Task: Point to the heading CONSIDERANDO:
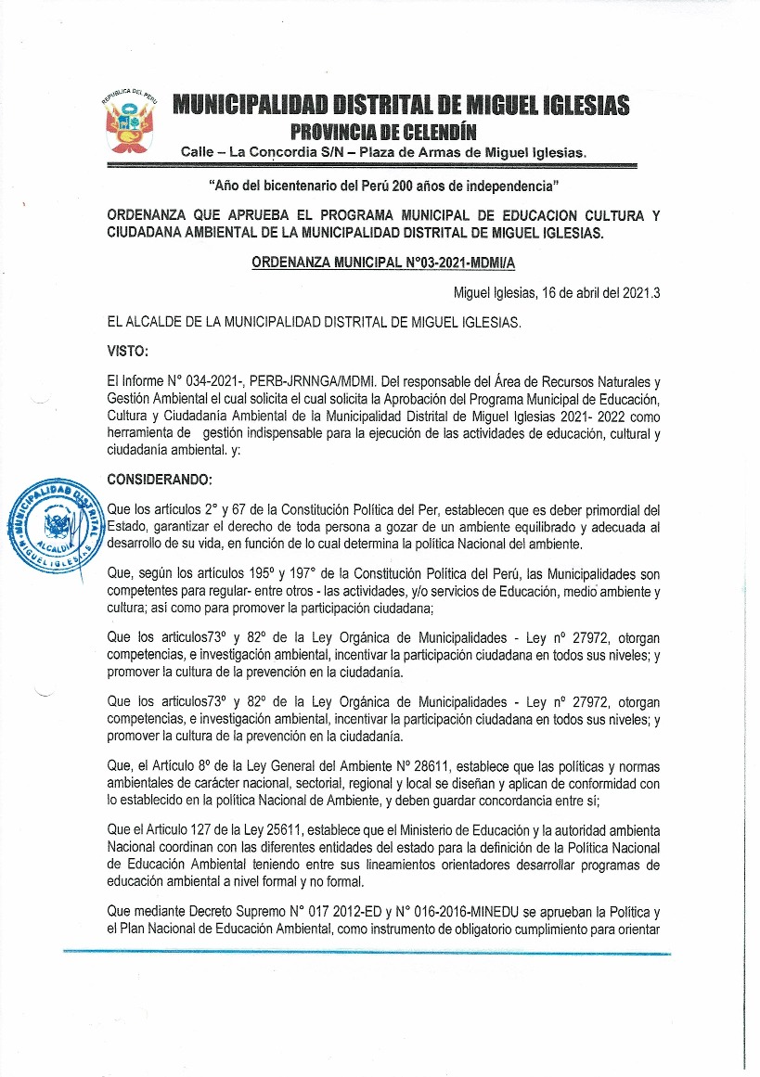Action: point(160,480)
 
